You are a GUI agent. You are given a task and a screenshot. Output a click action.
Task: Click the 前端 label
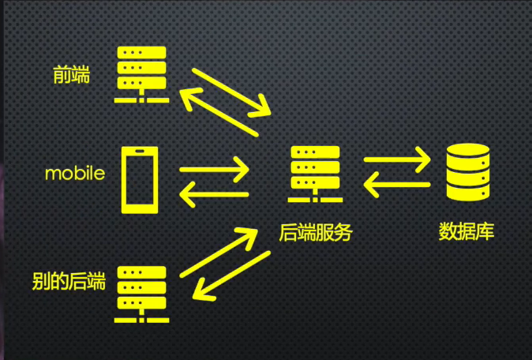pyautogui.click(x=72, y=75)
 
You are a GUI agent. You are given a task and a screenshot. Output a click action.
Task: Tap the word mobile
pyautogui.click(x=75, y=174)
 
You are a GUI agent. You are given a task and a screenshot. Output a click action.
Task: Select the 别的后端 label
pyautogui.click(x=69, y=281)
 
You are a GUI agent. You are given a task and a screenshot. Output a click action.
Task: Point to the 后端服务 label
pyautogui.click(x=316, y=232)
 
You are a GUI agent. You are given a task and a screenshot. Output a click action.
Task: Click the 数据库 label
pyautogui.click(x=466, y=231)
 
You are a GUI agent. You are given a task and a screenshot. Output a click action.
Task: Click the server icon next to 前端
pyautogui.click(x=141, y=75)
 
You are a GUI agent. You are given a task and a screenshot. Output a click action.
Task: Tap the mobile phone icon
pyautogui.click(x=140, y=180)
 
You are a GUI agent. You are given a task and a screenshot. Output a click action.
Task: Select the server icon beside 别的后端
pyautogui.click(x=141, y=294)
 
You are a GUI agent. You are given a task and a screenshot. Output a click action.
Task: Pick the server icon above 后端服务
pyautogui.click(x=315, y=174)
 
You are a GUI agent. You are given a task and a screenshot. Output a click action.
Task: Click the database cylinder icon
pyautogui.click(x=468, y=172)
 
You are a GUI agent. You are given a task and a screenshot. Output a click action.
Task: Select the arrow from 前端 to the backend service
pyautogui.click(x=231, y=92)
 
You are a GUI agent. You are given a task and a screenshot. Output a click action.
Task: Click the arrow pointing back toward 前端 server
pyautogui.click(x=219, y=112)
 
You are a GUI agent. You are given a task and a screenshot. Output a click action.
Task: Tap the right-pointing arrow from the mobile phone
pyautogui.click(x=215, y=169)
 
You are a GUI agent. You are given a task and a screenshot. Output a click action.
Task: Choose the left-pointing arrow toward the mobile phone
pyautogui.click(x=215, y=194)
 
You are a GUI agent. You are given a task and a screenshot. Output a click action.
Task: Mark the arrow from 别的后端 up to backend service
pyautogui.click(x=219, y=252)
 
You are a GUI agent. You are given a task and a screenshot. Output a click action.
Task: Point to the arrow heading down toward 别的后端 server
pyautogui.click(x=231, y=276)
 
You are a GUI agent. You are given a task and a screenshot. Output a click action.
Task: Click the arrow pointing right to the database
pyautogui.click(x=397, y=159)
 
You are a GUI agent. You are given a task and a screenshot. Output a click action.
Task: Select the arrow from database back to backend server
pyautogui.click(x=397, y=185)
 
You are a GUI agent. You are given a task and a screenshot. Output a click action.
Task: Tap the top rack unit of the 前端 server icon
pyautogui.click(x=141, y=53)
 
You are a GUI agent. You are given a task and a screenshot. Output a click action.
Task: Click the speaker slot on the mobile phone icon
pyautogui.click(x=140, y=151)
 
